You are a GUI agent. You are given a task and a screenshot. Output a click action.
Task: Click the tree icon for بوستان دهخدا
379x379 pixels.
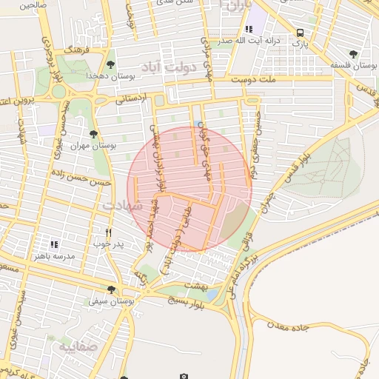111,64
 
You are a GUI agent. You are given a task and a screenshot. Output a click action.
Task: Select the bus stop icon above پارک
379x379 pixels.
300,33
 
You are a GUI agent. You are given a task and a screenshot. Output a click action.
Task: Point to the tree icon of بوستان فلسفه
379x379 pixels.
353,54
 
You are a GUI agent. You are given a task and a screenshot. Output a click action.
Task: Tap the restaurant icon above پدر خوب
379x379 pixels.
109,231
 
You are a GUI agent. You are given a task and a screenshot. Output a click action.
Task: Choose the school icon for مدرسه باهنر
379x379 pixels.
53,243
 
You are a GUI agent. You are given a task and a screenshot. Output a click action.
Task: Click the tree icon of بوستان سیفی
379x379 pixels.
111,289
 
